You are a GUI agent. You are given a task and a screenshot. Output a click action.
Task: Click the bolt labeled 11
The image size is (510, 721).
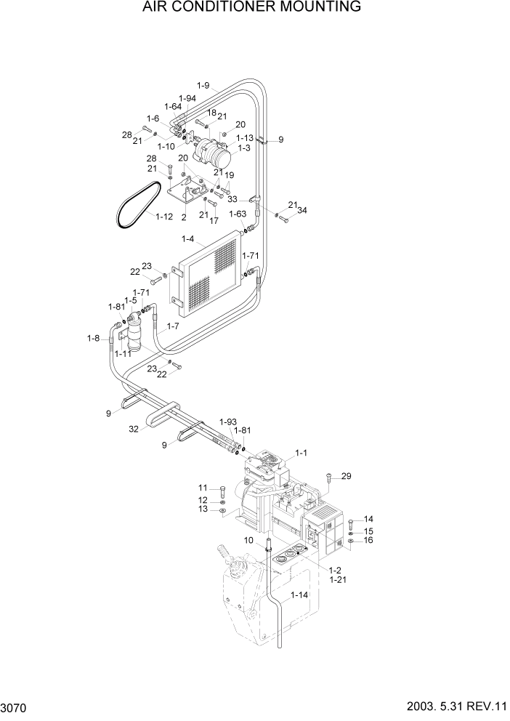222,490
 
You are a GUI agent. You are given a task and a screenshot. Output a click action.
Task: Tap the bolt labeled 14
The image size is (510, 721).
352,523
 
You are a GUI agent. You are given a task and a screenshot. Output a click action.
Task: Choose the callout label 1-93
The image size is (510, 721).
227,422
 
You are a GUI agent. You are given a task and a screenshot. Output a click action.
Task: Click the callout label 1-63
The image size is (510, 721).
238,214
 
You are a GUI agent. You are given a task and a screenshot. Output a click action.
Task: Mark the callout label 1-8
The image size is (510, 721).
93,338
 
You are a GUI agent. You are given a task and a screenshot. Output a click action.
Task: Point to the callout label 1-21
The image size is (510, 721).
336,581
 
